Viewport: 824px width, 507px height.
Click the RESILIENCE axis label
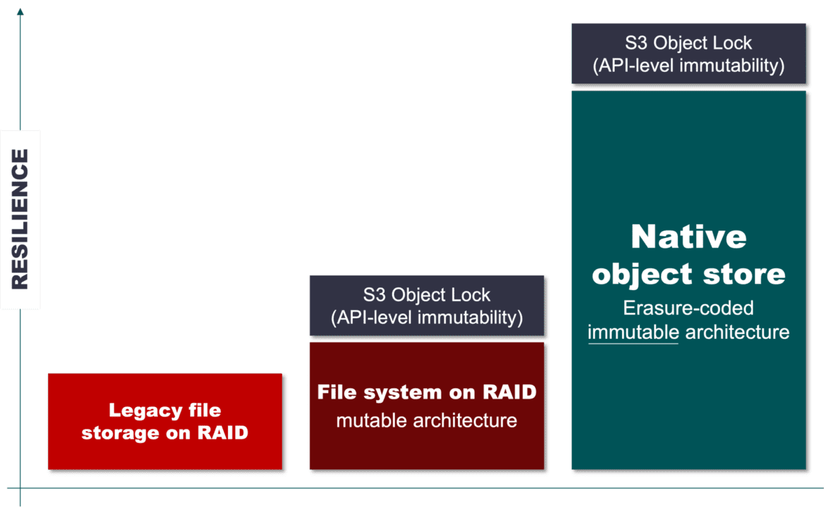(20, 219)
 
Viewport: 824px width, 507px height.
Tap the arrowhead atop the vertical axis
(20, 12)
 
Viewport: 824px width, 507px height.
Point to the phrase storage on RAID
(165, 434)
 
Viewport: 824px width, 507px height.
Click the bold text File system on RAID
(426, 392)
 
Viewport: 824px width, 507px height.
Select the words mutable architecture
(426, 420)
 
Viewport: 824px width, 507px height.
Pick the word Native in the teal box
(688, 237)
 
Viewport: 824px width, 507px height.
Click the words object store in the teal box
(688, 274)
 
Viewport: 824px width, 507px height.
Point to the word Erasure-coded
(688, 307)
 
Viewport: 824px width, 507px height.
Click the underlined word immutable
(633, 332)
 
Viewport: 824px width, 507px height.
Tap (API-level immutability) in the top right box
(688, 67)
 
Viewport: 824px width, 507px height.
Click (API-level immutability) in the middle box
(426, 318)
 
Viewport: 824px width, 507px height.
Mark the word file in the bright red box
(204, 410)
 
